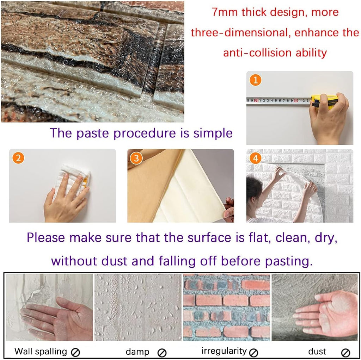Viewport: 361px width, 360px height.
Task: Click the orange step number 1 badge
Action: pyautogui.click(x=255, y=80)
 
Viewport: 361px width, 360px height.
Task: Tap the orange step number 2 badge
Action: pyautogui.click(x=18, y=158)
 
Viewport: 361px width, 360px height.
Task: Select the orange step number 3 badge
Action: pyautogui.click(x=136, y=158)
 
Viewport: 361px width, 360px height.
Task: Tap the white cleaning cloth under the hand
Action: pyautogui.click(x=76, y=178)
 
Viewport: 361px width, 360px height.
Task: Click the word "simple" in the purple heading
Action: pyautogui.click(x=213, y=133)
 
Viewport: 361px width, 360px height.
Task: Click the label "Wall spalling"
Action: pyautogui.click(x=40, y=351)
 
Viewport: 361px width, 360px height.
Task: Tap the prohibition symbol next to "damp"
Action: pyautogui.click(x=162, y=352)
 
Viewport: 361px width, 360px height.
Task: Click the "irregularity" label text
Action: pyautogui.click(x=224, y=351)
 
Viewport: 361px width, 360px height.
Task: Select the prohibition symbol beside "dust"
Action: pyautogui.click(x=346, y=352)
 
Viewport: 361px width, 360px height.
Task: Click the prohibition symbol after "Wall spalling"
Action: pyautogui.click(x=75, y=352)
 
